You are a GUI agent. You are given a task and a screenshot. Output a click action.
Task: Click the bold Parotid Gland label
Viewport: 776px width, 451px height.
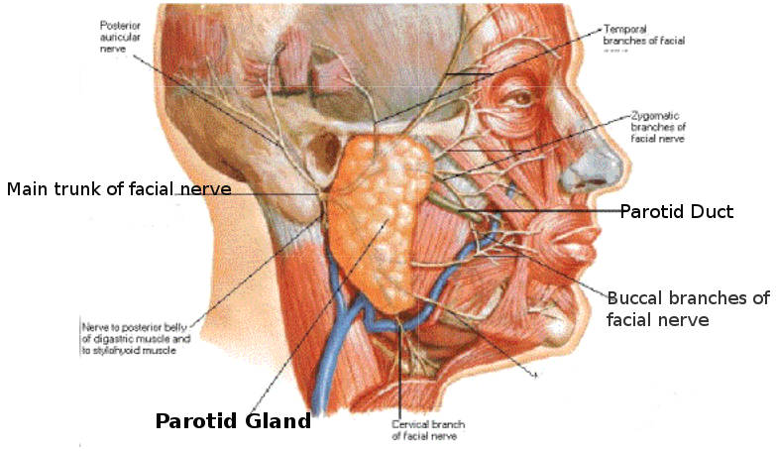pyautogui.click(x=233, y=420)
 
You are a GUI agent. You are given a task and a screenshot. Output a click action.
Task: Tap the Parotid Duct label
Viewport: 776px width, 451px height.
pyautogui.click(x=677, y=211)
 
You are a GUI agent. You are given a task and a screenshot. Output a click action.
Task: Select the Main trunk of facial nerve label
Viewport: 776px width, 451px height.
pyautogui.click(x=119, y=188)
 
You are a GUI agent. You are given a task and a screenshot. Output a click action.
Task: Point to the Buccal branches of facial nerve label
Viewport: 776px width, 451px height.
pyautogui.click(x=688, y=308)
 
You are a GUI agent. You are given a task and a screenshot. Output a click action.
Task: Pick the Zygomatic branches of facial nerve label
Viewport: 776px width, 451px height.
pyautogui.click(x=658, y=128)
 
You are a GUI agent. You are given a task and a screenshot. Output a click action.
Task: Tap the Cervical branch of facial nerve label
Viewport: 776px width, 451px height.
pyautogui.click(x=423, y=429)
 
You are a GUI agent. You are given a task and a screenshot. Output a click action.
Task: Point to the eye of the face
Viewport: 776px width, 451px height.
pyautogui.click(x=516, y=99)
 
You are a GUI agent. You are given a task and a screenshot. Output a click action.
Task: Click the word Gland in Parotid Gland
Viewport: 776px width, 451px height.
pyautogui.click(x=273, y=420)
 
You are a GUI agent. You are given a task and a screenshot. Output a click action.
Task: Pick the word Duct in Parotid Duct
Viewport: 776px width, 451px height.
pyautogui.click(x=713, y=211)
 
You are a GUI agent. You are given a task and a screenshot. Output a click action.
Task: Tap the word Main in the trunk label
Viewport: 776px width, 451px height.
pyautogui.click(x=27, y=188)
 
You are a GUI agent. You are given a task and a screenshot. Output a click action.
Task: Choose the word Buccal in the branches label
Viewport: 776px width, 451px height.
pyautogui.click(x=633, y=297)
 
